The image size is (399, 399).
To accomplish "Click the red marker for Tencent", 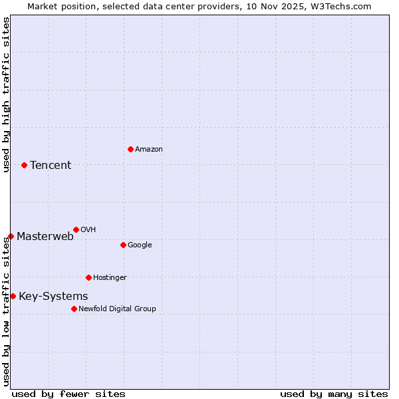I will click(24, 165).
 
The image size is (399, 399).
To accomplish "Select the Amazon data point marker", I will click(130, 149).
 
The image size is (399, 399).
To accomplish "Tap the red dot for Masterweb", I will click(11, 236).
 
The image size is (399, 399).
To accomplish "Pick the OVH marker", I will click(76, 229).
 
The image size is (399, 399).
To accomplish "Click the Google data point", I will click(123, 245).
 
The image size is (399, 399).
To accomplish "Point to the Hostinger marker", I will click(88, 277).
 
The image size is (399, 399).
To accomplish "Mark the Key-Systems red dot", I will click(13, 296).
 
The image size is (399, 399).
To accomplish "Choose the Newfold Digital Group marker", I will click(74, 309).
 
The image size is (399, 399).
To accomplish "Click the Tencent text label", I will click(51, 166).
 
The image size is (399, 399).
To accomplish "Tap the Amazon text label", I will click(149, 150).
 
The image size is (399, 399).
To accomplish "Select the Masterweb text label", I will click(45, 237).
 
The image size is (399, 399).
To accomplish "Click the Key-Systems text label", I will click(53, 297).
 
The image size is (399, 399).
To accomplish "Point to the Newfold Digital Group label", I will click(117, 309).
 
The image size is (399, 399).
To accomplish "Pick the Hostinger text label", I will click(110, 278).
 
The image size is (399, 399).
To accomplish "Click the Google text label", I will click(140, 245).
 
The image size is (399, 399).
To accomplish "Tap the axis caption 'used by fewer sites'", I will click(68, 394).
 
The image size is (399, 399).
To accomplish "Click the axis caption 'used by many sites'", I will click(334, 394).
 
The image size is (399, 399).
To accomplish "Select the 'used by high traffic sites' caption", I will click(6, 94).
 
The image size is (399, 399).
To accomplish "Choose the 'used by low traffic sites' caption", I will click(6, 311).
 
